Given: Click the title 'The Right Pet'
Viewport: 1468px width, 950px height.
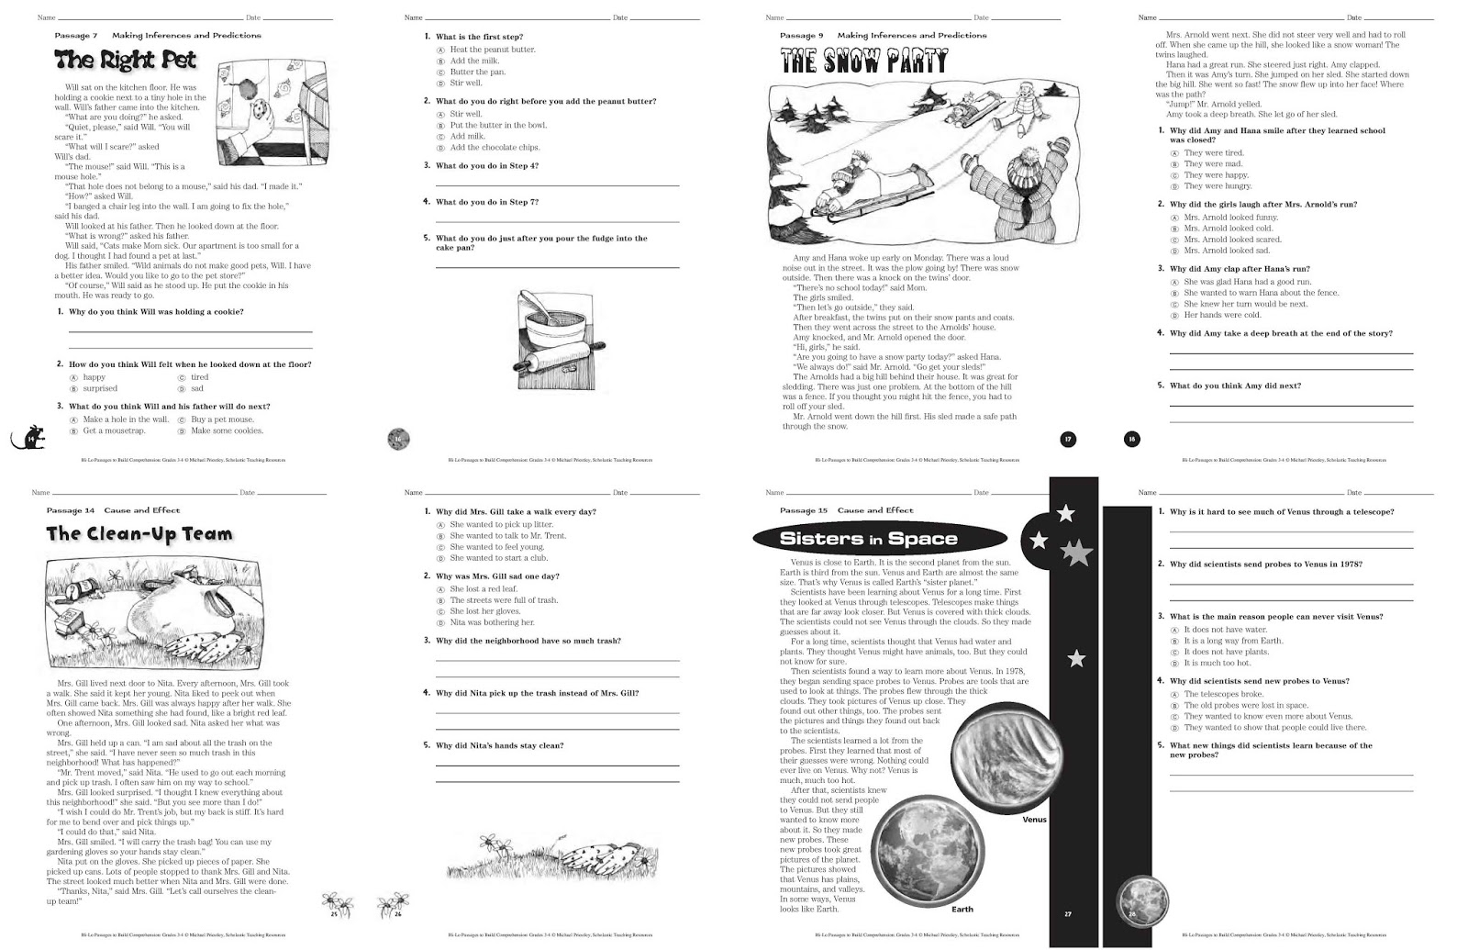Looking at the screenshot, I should coord(126,61).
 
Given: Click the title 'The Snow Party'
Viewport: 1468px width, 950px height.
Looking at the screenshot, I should coord(863,62).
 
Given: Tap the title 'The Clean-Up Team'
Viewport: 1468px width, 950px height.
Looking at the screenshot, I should coord(139,534).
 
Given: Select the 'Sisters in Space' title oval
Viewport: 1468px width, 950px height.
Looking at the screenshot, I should coord(868,539).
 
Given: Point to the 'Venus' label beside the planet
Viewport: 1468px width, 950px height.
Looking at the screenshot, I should coord(1034,820).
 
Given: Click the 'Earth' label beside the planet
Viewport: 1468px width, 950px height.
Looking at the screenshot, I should coord(962,909).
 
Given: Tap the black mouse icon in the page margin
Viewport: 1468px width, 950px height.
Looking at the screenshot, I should coord(29,439).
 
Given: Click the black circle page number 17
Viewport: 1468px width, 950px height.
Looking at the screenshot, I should coord(1068,440).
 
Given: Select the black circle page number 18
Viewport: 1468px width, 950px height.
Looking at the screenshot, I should coord(1131,440).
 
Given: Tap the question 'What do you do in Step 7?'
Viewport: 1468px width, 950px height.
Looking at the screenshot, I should coord(486,202).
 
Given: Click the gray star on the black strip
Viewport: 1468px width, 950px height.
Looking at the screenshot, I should coord(1076,553).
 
